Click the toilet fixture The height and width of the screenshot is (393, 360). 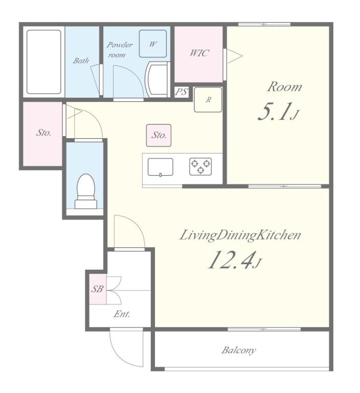pyautogui.click(x=86, y=191)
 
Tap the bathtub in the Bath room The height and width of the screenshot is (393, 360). pyautogui.click(x=44, y=62)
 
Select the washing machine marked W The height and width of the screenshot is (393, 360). pyautogui.click(x=153, y=43)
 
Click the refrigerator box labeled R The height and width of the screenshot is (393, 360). pyautogui.click(x=208, y=99)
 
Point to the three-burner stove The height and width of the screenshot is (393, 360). pyautogui.click(x=200, y=166)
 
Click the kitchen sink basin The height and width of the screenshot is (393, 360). pyautogui.click(x=161, y=167)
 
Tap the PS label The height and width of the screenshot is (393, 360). pyautogui.click(x=182, y=92)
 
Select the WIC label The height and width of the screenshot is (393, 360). pyautogui.click(x=199, y=53)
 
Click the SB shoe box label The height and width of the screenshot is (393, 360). pyautogui.click(x=97, y=289)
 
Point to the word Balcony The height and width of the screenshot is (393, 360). pyautogui.click(x=238, y=350)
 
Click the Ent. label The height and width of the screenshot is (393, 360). pyautogui.click(x=122, y=314)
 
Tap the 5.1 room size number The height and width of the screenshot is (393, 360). pyautogui.click(x=275, y=112)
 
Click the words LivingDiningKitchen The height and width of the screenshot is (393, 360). pyautogui.click(x=240, y=235)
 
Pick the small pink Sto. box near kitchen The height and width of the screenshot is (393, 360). pyautogui.click(x=159, y=135)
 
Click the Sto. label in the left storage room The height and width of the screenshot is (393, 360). pyautogui.click(x=43, y=133)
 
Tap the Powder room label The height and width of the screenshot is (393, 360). pyautogui.click(x=120, y=50)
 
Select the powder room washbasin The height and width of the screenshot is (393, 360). pyautogui.click(x=157, y=79)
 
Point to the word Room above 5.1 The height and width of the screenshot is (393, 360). pyautogui.click(x=285, y=86)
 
